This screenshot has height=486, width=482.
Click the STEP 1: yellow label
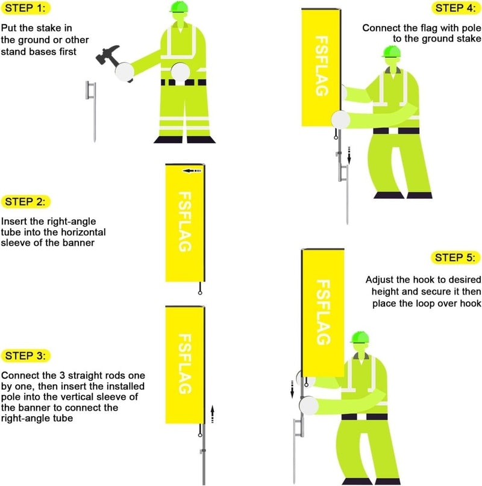[27, 8]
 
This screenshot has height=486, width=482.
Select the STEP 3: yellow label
[27, 355]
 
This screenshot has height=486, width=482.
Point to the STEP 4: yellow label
[455, 8]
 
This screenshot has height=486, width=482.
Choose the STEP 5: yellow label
[455, 258]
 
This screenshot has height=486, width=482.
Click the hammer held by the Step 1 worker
[110, 57]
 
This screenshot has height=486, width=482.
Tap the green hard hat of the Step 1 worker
[180, 7]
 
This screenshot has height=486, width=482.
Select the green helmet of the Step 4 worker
[391, 52]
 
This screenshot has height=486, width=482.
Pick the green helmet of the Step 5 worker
[360, 337]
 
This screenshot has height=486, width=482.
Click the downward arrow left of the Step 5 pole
[293, 392]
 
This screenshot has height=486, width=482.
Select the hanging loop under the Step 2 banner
[199, 292]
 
